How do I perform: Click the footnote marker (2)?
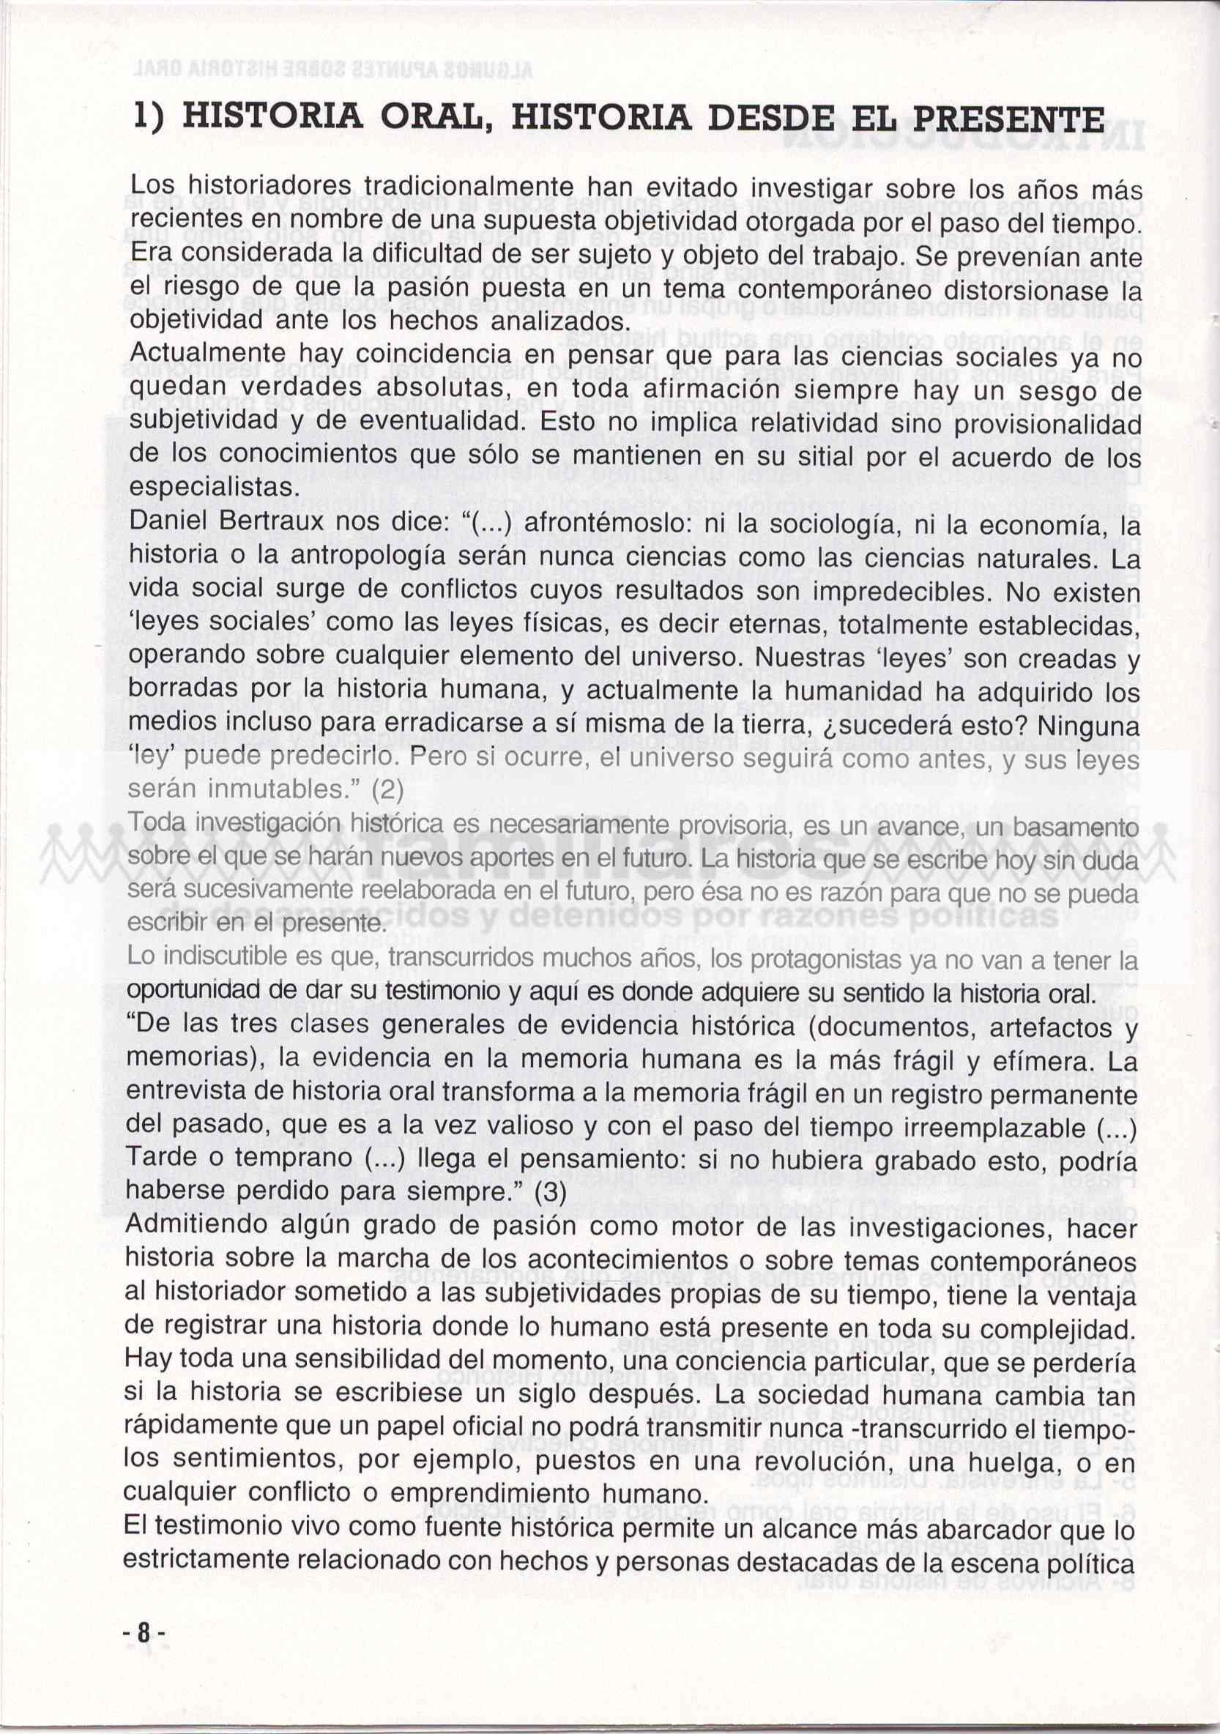[x=387, y=791]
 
